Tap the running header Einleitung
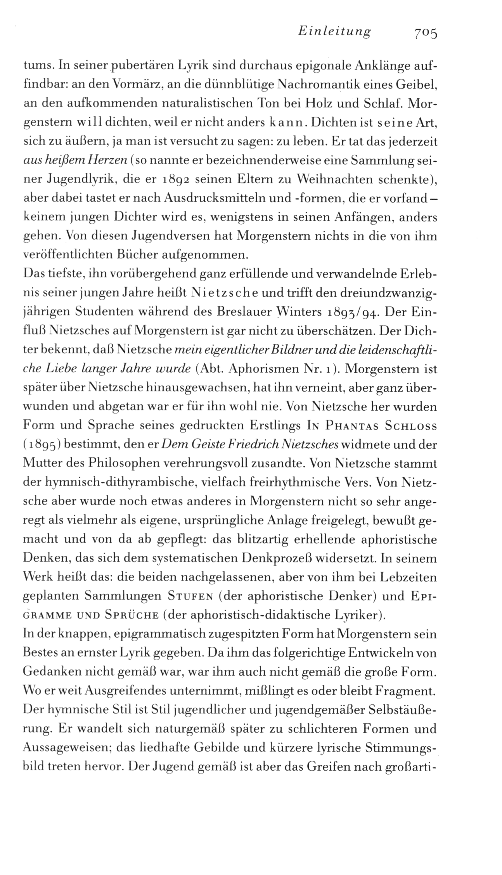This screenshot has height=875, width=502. click(333, 32)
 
